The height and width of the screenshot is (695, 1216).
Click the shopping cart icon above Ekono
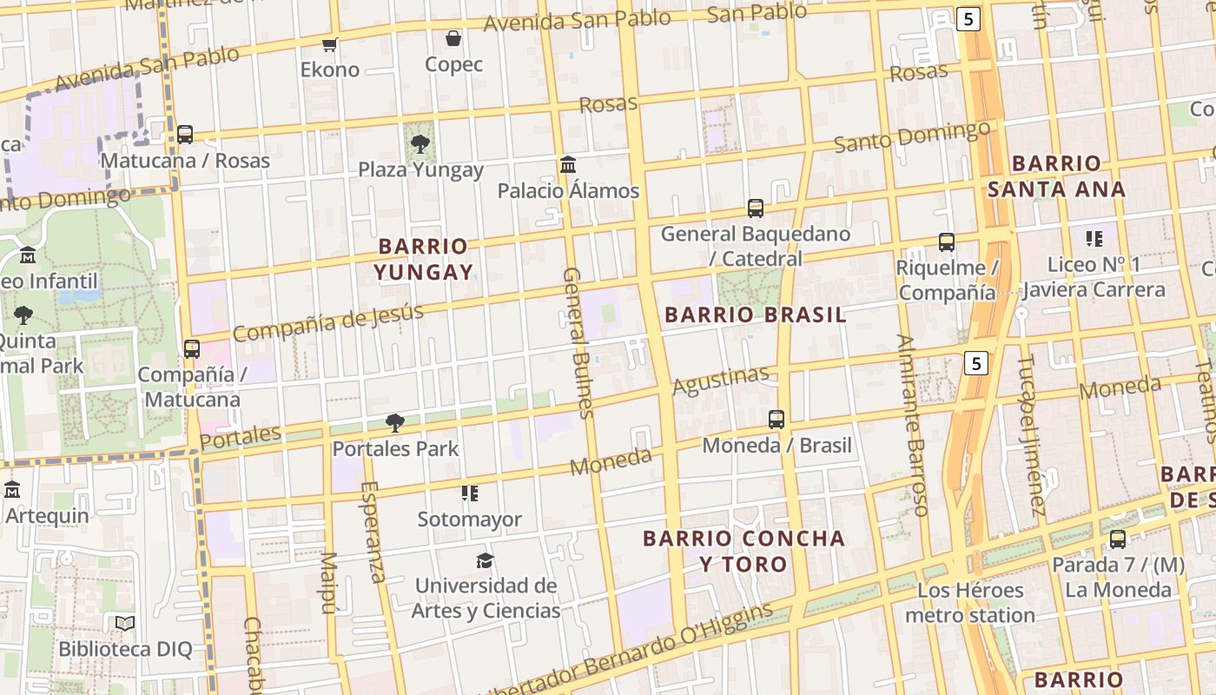pyautogui.click(x=329, y=44)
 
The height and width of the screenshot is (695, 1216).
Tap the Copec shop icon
pyautogui.click(x=453, y=38)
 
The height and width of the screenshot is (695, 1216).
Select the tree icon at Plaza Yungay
pyautogui.click(x=420, y=143)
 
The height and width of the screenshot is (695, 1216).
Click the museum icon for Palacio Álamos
pyautogui.click(x=568, y=164)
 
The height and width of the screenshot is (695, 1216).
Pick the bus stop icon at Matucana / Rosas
pyautogui.click(x=185, y=135)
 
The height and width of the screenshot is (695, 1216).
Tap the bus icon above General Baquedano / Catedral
pyautogui.click(x=756, y=208)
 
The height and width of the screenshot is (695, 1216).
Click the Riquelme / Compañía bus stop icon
pyautogui.click(x=947, y=242)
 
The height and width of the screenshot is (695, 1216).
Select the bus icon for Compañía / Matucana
pyautogui.click(x=192, y=349)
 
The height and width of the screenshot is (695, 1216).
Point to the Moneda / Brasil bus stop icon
pyautogui.click(x=777, y=420)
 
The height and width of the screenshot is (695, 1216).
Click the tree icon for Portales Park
pyautogui.click(x=395, y=423)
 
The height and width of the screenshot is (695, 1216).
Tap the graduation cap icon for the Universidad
pyautogui.click(x=485, y=560)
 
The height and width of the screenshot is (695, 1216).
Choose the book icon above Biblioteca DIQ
pyautogui.click(x=125, y=623)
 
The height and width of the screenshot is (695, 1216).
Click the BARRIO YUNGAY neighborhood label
pyautogui.click(x=424, y=259)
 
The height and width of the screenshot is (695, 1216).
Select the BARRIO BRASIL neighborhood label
pyautogui.click(x=755, y=314)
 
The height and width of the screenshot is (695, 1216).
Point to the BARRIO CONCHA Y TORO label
pyautogui.click(x=743, y=551)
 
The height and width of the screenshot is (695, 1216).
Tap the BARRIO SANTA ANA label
pyautogui.click(x=1056, y=175)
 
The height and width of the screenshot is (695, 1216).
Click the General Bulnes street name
pyautogui.click(x=577, y=342)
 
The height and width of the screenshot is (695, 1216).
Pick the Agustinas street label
pyautogui.click(x=721, y=380)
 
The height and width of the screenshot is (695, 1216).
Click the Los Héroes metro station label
pyautogui.click(x=970, y=603)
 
